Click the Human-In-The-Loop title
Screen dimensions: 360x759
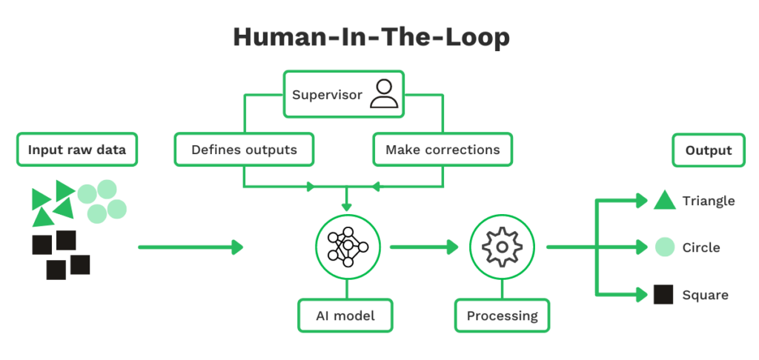[x=371, y=37]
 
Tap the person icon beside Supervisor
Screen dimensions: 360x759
[x=384, y=95]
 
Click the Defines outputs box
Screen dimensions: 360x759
[x=244, y=150]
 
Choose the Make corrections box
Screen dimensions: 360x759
[x=443, y=150]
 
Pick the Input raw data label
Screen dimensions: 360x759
[x=77, y=150]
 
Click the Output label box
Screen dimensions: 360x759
[x=708, y=150]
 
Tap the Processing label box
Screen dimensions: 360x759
[x=502, y=316]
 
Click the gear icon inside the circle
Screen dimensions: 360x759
[x=502, y=247]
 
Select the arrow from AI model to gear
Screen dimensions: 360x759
[x=424, y=247]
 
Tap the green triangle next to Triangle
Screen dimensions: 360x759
[x=663, y=200]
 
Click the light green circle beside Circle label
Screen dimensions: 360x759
[x=664, y=247]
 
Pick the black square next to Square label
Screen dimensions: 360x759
[x=663, y=295]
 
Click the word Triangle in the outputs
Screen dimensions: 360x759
[x=708, y=201]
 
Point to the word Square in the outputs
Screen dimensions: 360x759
[x=705, y=295]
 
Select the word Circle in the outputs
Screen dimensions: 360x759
[x=700, y=247]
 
